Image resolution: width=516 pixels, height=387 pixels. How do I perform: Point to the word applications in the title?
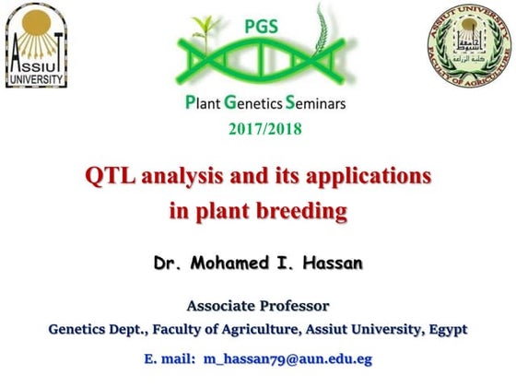373,175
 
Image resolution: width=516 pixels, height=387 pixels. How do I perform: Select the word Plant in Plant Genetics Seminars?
204,103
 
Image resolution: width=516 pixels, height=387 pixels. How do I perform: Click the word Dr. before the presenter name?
168,263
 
